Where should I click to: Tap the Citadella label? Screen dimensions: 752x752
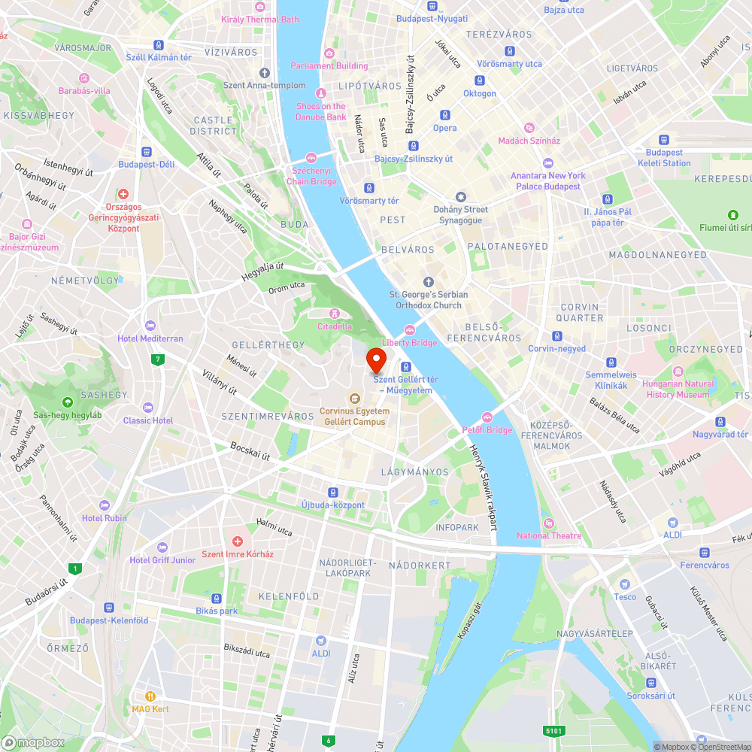pos(335,326)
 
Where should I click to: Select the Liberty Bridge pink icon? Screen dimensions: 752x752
pos(410,329)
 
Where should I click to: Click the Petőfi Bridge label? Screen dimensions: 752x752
pos(487,430)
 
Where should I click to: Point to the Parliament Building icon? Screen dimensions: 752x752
pos(329,53)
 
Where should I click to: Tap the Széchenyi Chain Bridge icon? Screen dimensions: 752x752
pos(311,157)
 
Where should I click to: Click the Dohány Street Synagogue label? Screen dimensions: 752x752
pos(461,214)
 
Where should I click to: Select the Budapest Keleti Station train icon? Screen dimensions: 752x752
pos(664,139)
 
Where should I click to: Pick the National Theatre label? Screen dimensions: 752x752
pos(549,535)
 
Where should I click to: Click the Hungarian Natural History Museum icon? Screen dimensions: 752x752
pos(678,371)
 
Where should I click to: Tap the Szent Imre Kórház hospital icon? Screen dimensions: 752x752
pos(238,541)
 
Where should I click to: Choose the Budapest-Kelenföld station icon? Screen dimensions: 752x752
pos(109,607)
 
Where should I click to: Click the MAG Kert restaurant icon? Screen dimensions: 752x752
pos(151,696)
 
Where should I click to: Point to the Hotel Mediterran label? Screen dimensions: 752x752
pos(150,338)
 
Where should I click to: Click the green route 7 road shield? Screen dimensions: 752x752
pos(157,359)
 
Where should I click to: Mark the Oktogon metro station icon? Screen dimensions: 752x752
pos(480,80)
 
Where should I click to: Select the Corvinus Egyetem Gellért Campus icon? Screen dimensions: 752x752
pos(354,398)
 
